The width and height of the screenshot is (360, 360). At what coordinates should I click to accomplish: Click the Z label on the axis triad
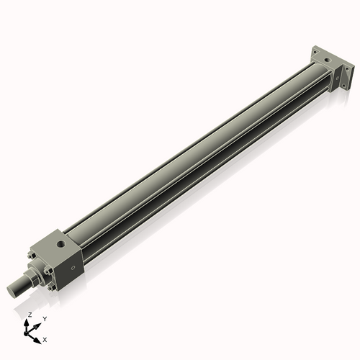[29, 315]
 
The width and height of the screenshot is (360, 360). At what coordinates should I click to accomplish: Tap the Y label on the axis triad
[44, 318]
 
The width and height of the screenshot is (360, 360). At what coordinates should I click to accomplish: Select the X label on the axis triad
[45, 338]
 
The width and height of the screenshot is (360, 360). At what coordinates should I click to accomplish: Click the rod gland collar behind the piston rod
[32, 277]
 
